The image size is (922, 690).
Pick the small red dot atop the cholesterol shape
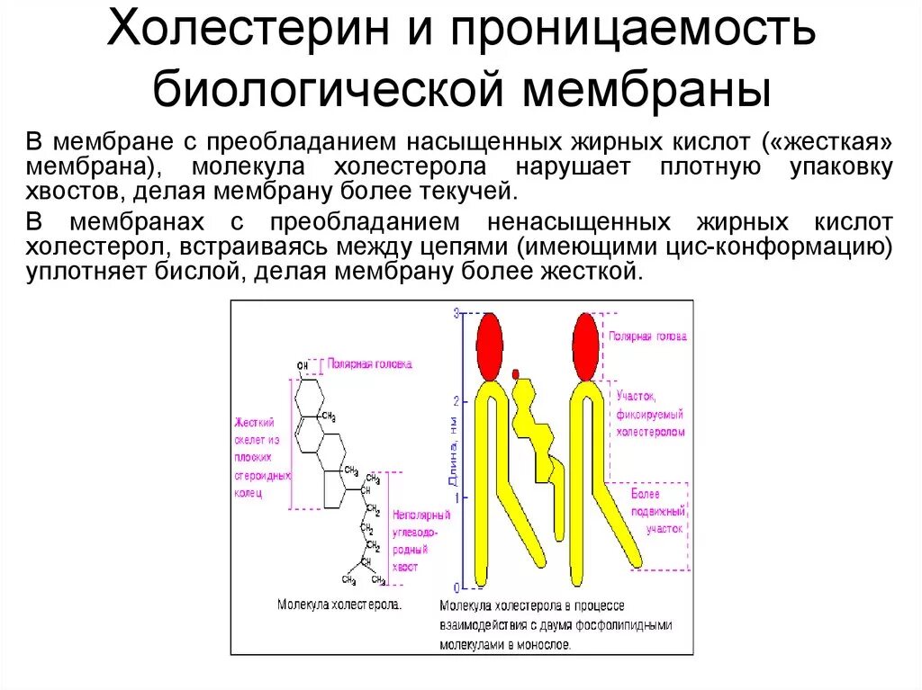[516, 373]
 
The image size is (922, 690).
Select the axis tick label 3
[456, 313]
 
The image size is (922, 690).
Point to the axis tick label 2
[456, 400]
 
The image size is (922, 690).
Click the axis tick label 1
[456, 497]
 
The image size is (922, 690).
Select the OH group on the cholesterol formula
[302, 365]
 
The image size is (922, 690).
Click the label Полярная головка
[369, 364]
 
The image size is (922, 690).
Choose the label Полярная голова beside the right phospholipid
[647, 336]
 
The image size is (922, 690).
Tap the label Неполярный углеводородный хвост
[417, 541]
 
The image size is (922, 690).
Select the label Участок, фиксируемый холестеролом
[649, 414]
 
